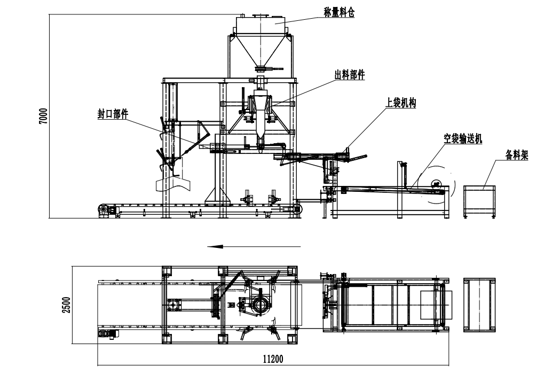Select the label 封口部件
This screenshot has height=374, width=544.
113,113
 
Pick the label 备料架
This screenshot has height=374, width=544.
517,155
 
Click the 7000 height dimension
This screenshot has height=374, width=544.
43,116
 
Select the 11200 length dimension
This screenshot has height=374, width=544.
272,359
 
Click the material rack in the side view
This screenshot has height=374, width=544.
479,200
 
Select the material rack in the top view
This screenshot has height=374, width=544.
479,305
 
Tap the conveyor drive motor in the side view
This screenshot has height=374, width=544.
106,211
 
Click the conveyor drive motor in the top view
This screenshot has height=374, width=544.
108,334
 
